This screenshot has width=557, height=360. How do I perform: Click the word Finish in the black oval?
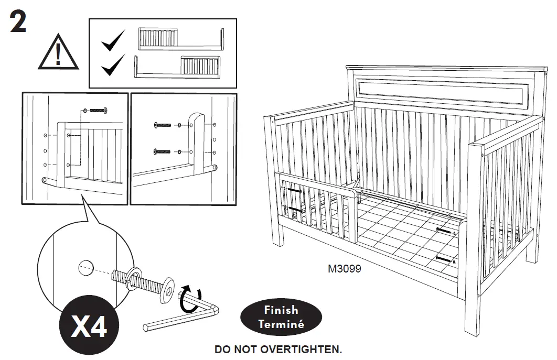tap(281, 310)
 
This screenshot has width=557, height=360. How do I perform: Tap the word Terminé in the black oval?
tap(281, 324)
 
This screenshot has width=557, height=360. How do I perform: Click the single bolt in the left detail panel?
tap(98, 110)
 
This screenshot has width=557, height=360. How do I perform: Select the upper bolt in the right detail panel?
tap(163, 125)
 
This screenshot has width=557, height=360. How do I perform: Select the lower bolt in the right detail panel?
tap(163, 151)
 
